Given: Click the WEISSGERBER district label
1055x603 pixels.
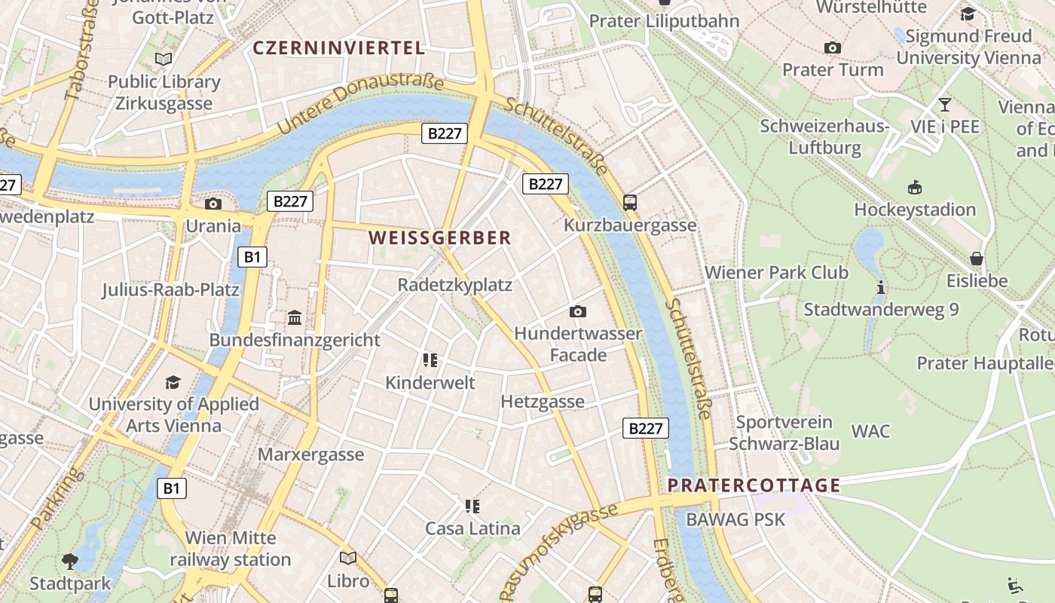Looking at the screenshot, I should click(439, 238).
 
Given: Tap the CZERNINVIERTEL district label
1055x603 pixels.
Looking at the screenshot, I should click(338, 48).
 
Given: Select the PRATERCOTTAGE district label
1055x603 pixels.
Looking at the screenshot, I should click(754, 485).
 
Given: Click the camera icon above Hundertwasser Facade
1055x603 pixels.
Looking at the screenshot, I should click(578, 311).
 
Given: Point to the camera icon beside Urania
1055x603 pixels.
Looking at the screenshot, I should click(213, 204).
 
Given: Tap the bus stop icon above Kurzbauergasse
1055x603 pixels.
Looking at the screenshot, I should click(630, 202).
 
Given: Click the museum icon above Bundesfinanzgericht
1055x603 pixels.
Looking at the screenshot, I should click(295, 318).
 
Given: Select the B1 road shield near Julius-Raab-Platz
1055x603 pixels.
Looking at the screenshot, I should click(252, 257).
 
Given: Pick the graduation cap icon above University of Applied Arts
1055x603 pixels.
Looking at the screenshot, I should click(173, 382).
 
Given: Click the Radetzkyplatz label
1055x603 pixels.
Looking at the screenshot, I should click(454, 285).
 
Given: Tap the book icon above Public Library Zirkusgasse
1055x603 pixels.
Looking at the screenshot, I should click(164, 59).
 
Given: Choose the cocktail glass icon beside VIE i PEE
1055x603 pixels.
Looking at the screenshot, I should click(944, 104).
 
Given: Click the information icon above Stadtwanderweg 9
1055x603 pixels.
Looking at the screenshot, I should click(880, 287).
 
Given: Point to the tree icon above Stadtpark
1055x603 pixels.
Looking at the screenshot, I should click(70, 561).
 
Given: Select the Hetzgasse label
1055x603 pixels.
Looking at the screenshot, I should click(543, 401).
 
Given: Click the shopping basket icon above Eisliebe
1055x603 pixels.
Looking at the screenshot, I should click(977, 259).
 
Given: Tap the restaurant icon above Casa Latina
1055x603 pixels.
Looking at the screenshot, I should click(472, 506).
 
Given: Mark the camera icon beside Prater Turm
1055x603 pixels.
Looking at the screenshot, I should click(833, 47).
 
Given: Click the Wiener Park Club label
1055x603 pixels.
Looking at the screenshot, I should click(776, 272).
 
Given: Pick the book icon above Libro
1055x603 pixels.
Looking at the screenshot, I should click(347, 558).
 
